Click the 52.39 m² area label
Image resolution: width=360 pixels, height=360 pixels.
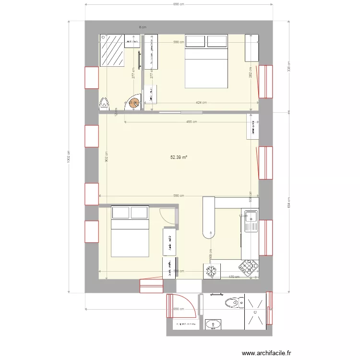pos(179,157)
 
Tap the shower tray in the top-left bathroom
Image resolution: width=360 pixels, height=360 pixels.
pos(111,50)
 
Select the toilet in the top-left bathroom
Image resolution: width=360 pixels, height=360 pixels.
pos(105,103)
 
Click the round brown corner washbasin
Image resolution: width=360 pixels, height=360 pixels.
pos(133,102)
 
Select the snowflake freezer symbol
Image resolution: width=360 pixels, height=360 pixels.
pos(211,271)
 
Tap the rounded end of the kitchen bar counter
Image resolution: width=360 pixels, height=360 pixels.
pos(209,234)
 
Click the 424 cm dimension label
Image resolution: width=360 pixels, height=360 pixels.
pos(201,102)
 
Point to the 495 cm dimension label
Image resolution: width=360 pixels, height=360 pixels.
pos(191,122)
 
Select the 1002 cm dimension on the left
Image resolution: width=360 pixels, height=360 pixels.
pos(69,156)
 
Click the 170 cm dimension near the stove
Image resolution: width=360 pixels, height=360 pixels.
pos(234,276)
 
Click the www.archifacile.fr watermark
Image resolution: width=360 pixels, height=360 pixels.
pos(267,353)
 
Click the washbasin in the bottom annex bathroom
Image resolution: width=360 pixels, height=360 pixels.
pos(212,326)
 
